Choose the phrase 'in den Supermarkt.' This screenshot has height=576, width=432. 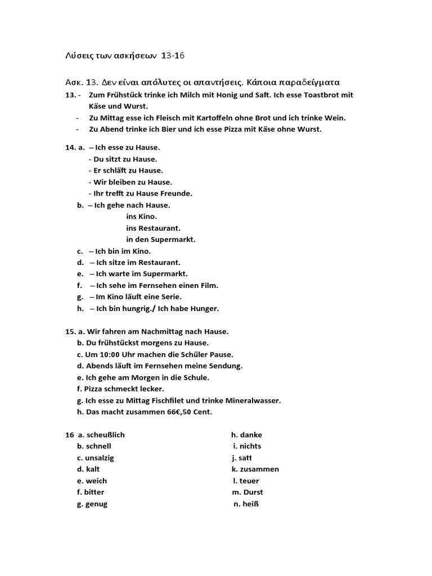(161, 240)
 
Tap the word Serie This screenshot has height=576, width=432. (169, 297)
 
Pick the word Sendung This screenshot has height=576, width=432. (224, 366)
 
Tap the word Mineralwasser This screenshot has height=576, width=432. (252, 400)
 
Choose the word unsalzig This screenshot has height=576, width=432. (100, 458)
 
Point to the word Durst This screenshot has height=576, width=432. (253, 492)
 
